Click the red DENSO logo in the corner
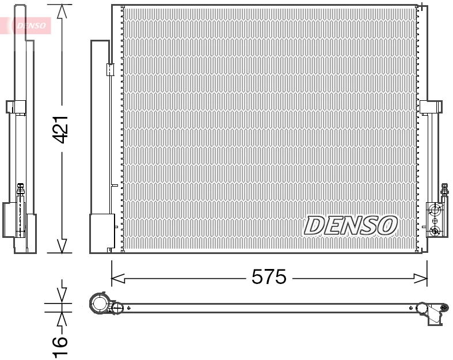(29, 25)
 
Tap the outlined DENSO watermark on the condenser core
(350, 225)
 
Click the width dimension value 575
(269, 278)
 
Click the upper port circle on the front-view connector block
(435, 210)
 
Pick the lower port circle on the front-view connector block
(435, 231)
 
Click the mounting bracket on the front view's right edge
(431, 107)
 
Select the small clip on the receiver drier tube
(109, 70)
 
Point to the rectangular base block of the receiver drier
(102, 233)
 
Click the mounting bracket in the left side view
(16, 107)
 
